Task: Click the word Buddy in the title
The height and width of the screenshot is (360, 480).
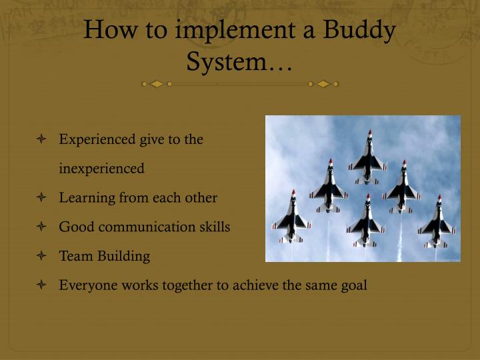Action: point(361,31)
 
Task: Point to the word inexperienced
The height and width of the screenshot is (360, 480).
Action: point(101,169)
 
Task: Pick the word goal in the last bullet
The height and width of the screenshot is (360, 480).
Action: point(353,285)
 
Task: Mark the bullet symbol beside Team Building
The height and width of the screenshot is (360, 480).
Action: point(42,256)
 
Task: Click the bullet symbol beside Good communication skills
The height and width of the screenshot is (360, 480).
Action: point(42,227)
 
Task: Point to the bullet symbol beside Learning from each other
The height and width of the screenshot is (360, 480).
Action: point(42,198)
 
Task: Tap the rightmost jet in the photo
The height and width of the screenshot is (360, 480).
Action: point(437,222)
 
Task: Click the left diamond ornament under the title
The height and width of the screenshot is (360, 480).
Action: point(156,84)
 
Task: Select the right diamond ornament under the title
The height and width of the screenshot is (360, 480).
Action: point(324,84)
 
